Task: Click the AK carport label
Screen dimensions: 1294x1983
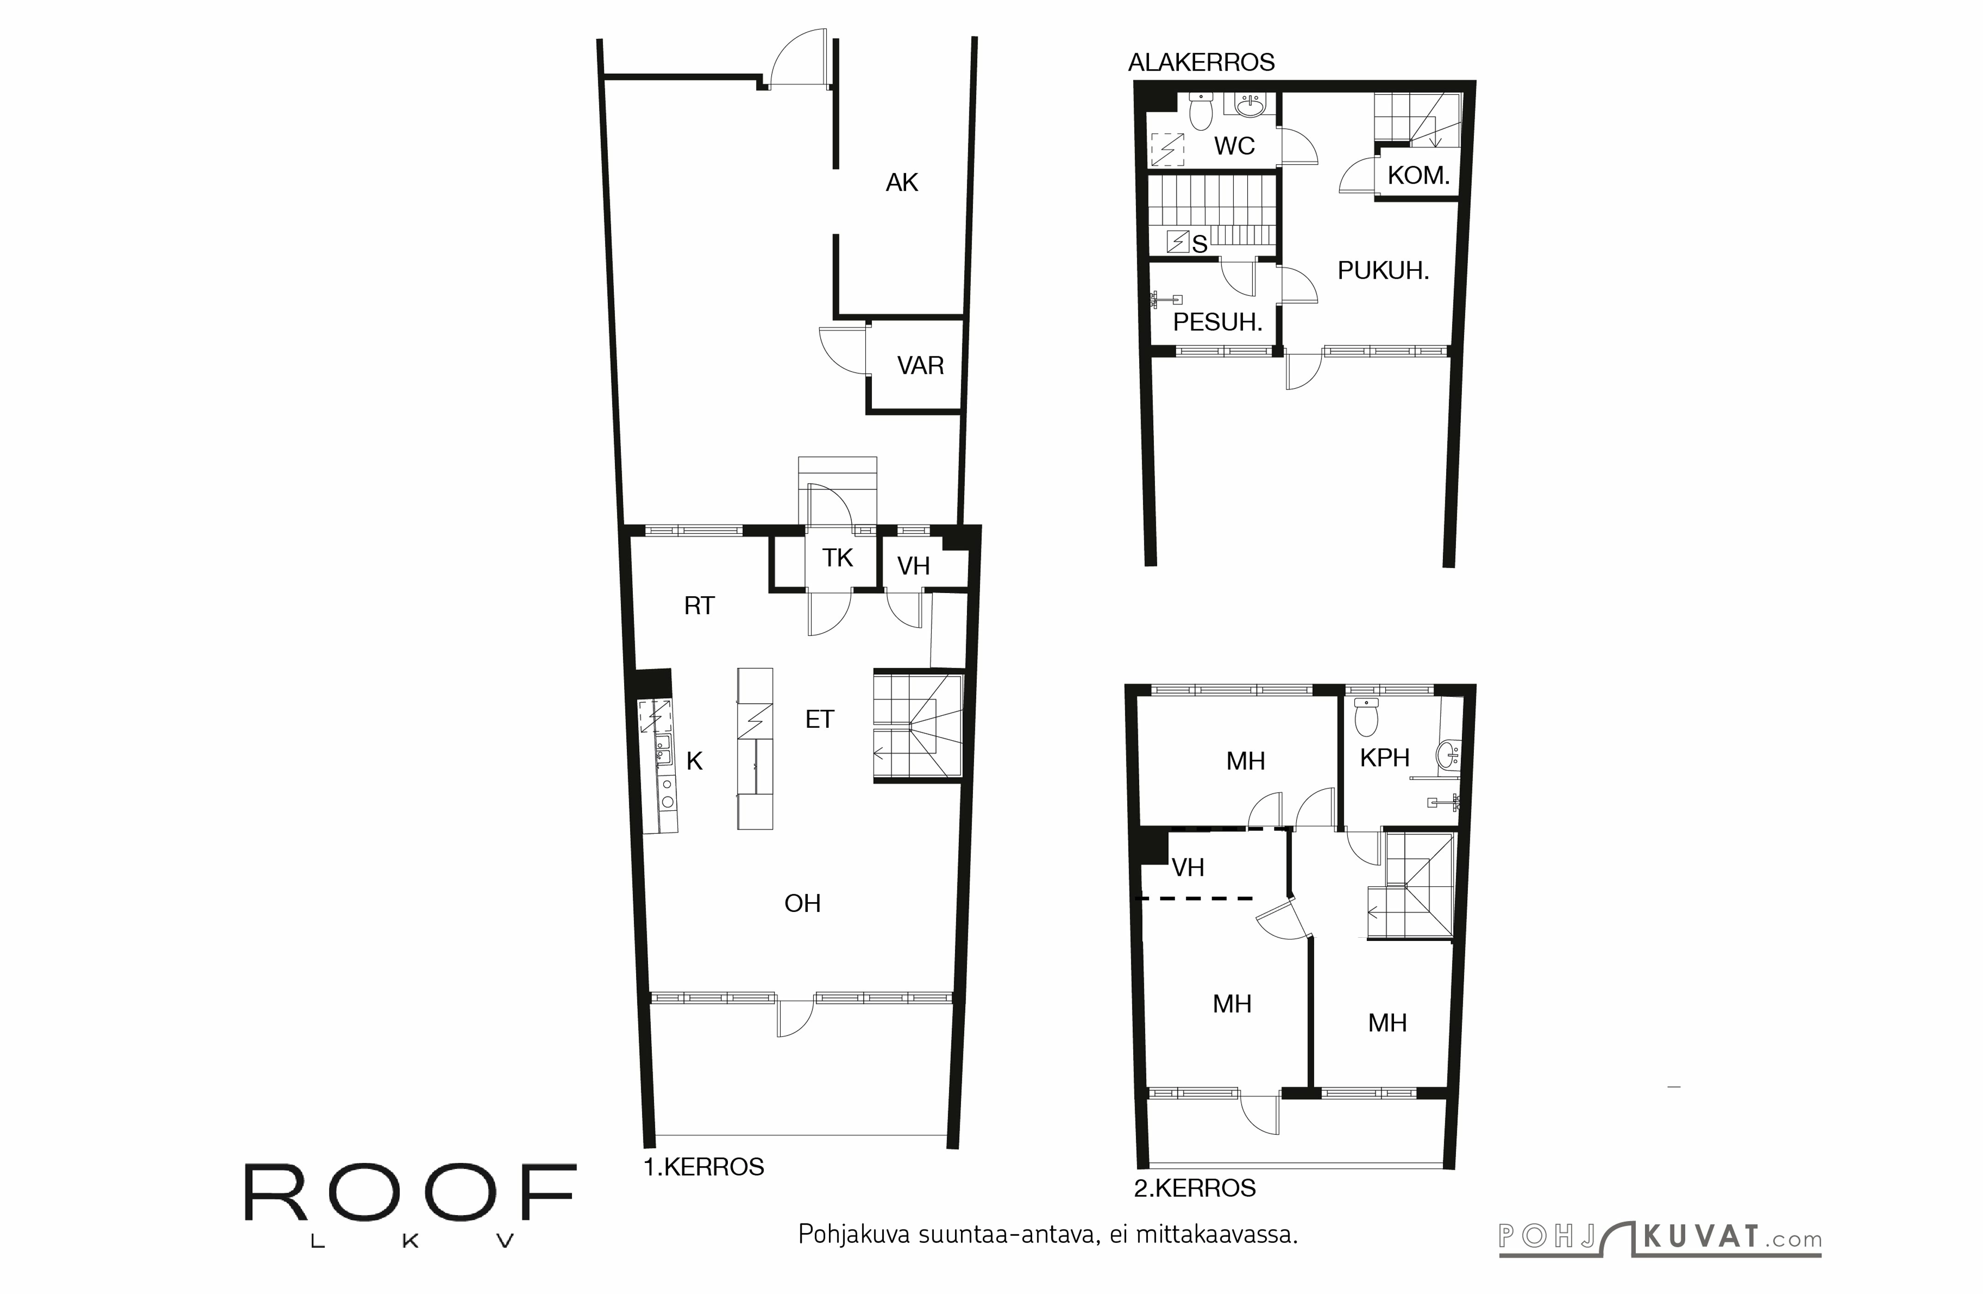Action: (901, 182)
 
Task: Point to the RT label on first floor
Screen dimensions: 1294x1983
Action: (699, 606)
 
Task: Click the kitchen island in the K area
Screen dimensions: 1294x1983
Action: (755, 748)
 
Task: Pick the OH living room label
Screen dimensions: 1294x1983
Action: (802, 903)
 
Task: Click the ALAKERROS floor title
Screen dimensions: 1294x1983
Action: (1201, 62)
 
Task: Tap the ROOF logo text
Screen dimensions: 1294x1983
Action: (410, 1193)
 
